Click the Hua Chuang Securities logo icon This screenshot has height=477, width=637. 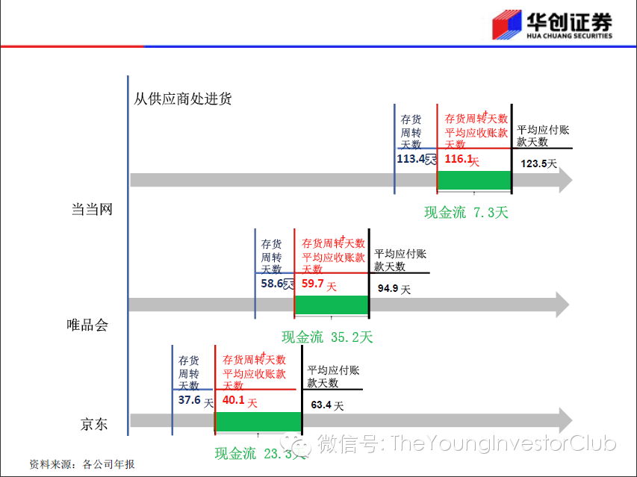(x=509, y=25)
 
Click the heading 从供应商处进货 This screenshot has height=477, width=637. (x=183, y=98)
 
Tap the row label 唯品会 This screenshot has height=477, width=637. (x=87, y=325)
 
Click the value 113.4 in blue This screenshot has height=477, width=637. (x=411, y=159)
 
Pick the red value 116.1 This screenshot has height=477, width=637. (x=459, y=159)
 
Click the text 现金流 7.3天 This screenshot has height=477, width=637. (x=466, y=213)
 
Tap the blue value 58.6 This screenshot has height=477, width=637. (x=273, y=284)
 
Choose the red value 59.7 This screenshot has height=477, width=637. (x=314, y=284)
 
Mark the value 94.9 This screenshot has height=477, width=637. (x=388, y=288)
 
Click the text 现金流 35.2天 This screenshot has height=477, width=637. (x=327, y=337)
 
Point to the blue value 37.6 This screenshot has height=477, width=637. (x=190, y=399)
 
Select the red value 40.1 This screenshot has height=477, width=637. (x=234, y=400)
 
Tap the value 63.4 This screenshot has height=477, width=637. (x=322, y=405)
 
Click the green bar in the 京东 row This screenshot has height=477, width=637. (x=258, y=421)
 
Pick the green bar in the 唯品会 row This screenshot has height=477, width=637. (x=332, y=305)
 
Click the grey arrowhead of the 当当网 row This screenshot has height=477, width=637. (x=564, y=180)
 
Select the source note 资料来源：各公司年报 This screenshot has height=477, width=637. (x=82, y=464)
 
